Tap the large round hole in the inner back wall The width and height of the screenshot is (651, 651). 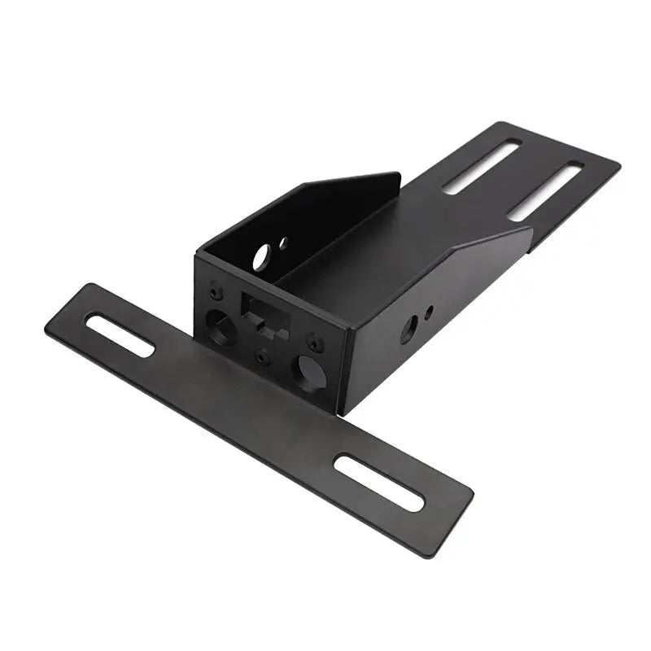pos(262,258)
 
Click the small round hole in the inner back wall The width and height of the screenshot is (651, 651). pos(282,242)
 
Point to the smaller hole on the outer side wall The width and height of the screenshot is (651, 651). pos(430,309)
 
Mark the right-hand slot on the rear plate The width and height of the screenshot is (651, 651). pos(546,191)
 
